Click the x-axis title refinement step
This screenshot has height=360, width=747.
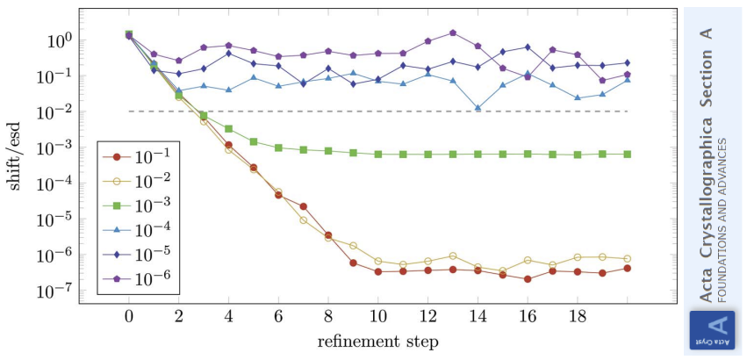coord(379,341)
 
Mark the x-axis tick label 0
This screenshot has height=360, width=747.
coord(129,316)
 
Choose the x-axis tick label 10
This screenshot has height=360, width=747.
coord(378,316)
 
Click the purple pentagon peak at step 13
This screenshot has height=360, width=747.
coord(453,32)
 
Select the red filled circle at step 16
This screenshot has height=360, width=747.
coord(528,279)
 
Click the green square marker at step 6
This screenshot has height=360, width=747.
coord(278,148)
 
